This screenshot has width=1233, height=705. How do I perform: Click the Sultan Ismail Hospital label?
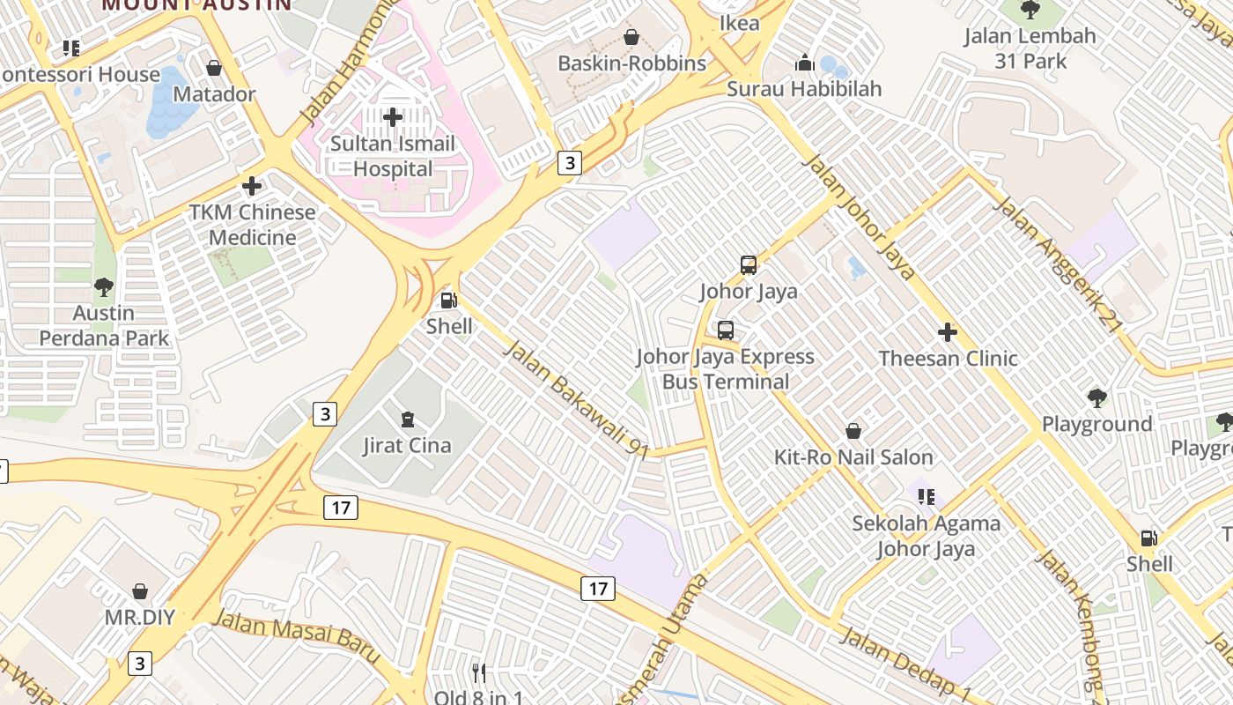(x=393, y=156)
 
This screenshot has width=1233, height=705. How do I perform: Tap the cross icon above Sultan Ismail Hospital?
(x=393, y=116)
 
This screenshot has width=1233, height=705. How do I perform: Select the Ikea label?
(x=739, y=23)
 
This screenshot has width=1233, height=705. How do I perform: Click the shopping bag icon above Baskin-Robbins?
(x=631, y=37)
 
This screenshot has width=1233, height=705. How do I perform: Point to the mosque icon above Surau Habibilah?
(x=804, y=63)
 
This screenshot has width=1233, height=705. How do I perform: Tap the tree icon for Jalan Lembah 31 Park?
(x=1030, y=10)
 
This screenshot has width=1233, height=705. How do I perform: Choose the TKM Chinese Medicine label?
(x=252, y=225)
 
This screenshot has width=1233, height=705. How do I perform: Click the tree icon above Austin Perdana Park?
(x=104, y=286)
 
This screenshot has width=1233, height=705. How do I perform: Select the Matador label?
(x=214, y=94)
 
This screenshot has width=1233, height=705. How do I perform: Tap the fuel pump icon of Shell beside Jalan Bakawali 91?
(x=449, y=300)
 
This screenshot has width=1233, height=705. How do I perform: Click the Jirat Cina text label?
(x=407, y=446)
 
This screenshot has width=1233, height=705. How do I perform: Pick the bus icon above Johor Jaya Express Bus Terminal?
(x=725, y=330)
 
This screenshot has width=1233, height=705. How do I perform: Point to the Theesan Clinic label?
(x=948, y=359)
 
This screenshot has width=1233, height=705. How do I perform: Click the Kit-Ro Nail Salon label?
(x=853, y=457)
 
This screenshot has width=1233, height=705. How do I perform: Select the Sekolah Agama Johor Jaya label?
(x=926, y=536)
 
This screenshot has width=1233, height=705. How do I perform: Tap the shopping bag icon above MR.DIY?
(x=140, y=590)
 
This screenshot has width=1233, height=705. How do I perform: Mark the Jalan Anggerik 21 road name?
(x=1058, y=264)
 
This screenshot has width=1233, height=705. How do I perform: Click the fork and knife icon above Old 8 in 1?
(x=479, y=673)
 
